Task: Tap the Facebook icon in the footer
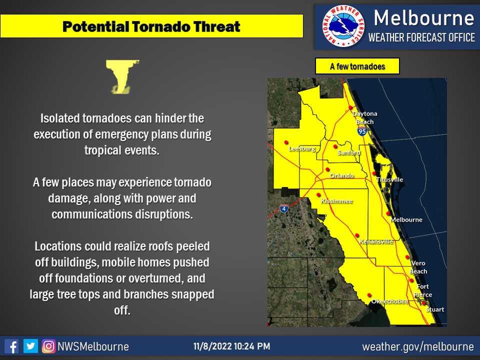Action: pyautogui.click(x=11, y=346)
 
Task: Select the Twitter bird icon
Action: pyautogui.click(x=30, y=346)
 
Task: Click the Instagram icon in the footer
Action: pyautogui.click(x=48, y=346)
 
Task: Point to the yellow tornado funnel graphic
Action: pyautogui.click(x=121, y=76)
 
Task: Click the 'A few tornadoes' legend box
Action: pyautogui.click(x=357, y=66)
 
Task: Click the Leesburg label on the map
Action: pyautogui.click(x=302, y=148)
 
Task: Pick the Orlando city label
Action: pyautogui.click(x=342, y=175)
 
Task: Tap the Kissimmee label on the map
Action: pyautogui.click(x=336, y=201)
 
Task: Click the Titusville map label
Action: pyautogui.click(x=389, y=179)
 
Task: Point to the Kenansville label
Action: pyautogui.click(x=376, y=241)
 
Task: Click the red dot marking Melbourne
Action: pyautogui.click(x=388, y=213)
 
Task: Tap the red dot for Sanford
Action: pyautogui.click(x=335, y=146)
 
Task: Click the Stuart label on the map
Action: pyautogui.click(x=434, y=309)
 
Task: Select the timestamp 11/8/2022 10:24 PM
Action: pyautogui.click(x=232, y=346)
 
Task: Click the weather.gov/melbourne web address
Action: pyautogui.click(x=417, y=346)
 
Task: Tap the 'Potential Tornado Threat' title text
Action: pyautogui.click(x=151, y=26)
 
